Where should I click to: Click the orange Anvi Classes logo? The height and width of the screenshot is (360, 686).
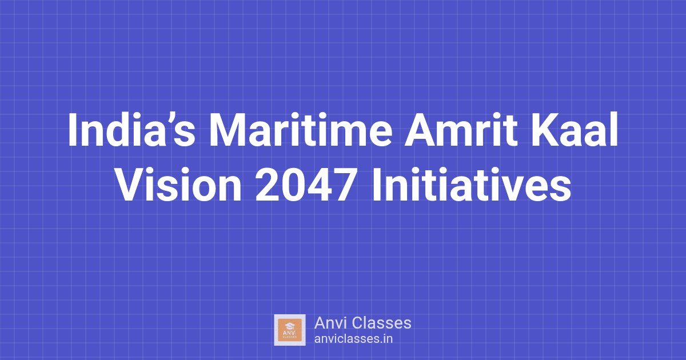tap(290, 330)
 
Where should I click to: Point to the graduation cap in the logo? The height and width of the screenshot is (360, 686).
tap(290, 325)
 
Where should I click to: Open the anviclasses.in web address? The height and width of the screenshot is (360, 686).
tap(353, 338)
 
